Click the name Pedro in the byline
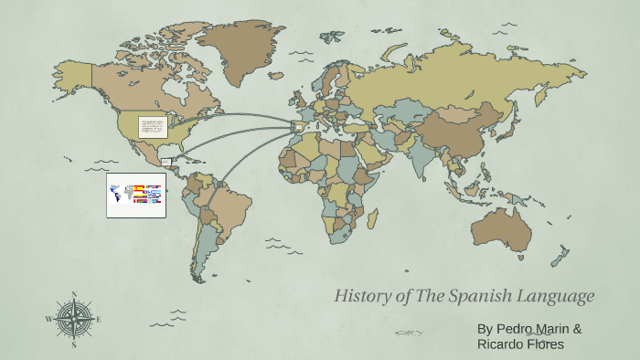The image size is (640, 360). (516, 328)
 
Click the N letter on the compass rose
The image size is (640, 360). (74, 294)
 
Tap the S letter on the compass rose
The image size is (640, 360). (74, 345)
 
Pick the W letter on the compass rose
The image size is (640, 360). (48, 320)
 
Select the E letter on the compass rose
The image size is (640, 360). (99, 320)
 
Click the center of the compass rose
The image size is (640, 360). (74, 320)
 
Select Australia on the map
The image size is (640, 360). (498, 228)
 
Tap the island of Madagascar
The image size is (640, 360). (372, 219)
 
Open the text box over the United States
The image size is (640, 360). (152, 127)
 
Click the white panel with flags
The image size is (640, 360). (135, 195)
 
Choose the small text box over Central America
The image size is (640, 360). (166, 163)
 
